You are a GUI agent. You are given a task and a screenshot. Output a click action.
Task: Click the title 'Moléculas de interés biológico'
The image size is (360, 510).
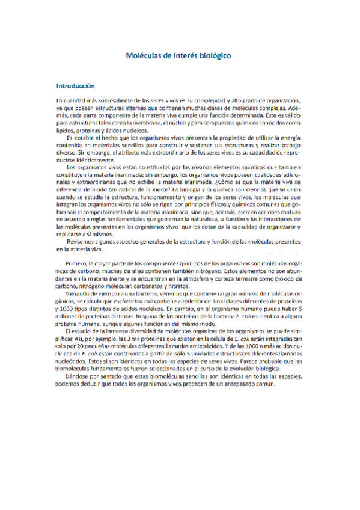click(180, 55)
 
